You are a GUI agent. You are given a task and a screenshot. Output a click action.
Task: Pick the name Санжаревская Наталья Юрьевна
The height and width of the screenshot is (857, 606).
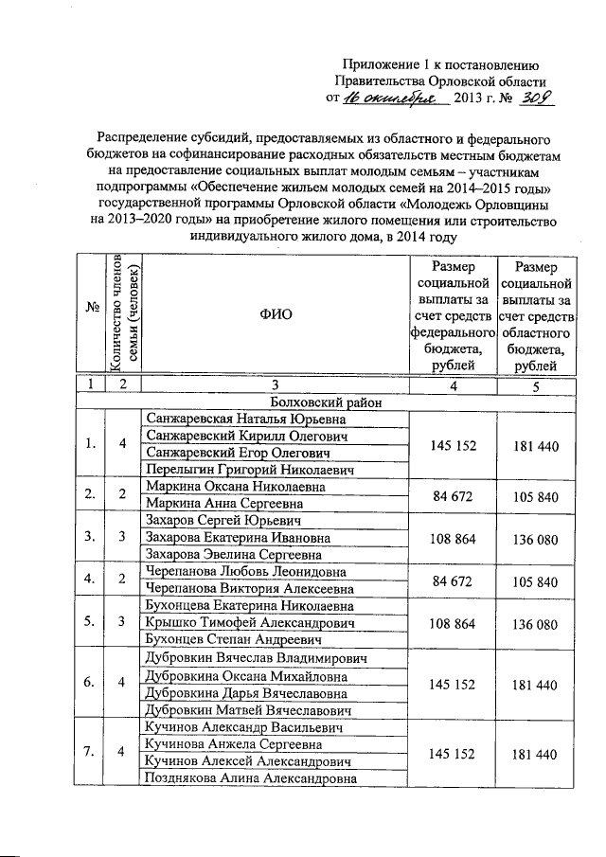tap(239, 419)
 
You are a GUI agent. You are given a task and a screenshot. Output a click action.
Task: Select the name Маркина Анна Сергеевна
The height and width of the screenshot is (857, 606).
tap(223, 504)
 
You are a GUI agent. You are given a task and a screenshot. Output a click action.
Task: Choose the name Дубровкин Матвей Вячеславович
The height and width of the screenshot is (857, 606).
tap(248, 709)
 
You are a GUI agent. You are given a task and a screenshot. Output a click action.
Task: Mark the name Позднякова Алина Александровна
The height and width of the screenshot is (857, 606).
tap(250, 778)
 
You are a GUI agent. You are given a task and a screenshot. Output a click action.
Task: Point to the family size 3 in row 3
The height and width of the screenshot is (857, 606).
tap(122, 538)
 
